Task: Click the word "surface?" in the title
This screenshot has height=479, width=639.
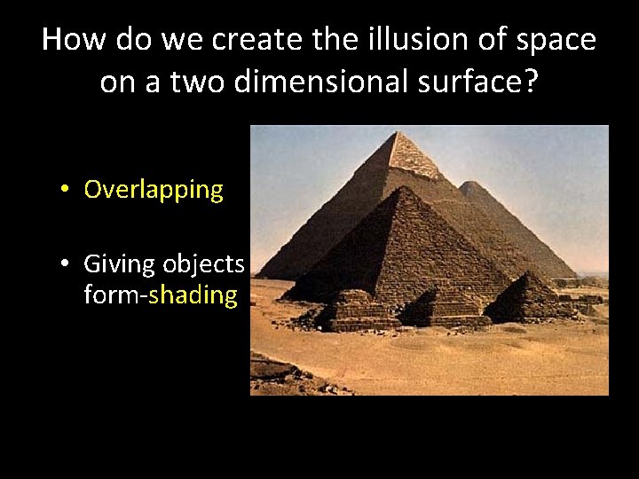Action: pos(483,82)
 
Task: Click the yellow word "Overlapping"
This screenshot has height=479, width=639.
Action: pos(154,190)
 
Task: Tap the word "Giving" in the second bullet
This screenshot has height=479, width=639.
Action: pos(118,264)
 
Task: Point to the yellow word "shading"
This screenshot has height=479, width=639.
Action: pos(193,295)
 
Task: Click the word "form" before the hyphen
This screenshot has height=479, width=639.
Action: pos(113,295)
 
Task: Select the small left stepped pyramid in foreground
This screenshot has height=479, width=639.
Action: pos(353,309)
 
